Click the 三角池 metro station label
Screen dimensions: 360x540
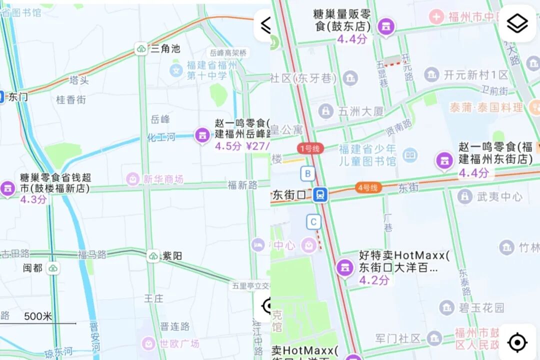165,49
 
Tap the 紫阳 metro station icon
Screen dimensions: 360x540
153,256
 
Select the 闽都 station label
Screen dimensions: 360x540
33,268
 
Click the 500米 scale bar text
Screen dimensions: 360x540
38,316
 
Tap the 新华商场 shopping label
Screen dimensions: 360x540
163,179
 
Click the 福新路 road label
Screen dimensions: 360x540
242,185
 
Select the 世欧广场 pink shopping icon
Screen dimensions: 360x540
149,343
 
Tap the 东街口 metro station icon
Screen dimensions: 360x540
320,195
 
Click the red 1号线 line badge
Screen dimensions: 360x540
310,148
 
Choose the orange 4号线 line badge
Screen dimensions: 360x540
369,188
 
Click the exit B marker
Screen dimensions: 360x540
307,174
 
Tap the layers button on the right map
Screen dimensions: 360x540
517,23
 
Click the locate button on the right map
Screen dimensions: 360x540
517,343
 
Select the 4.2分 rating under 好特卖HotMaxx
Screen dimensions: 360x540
374,280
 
